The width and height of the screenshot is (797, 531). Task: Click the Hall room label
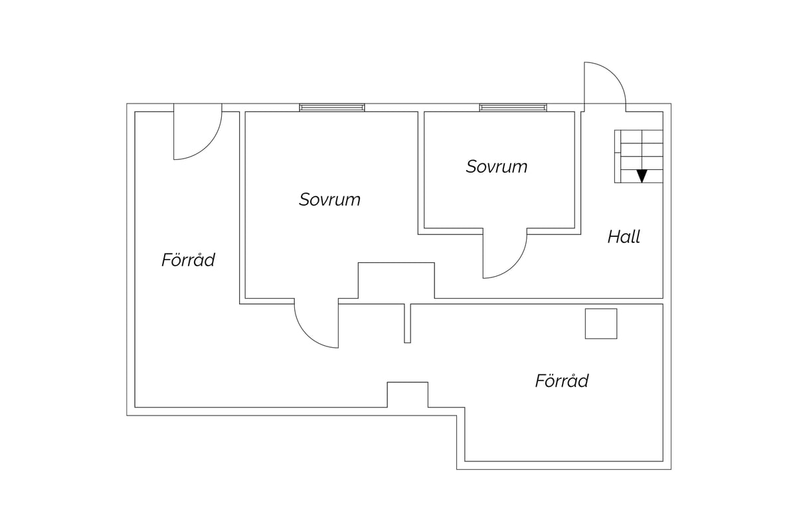pos(624,236)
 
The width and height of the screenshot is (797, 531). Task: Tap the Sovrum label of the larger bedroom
pos(329,199)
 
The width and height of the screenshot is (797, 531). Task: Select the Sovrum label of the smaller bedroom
pos(497,167)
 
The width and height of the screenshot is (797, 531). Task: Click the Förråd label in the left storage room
pos(188,260)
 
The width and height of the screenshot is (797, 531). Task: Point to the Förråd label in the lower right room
pos(562,380)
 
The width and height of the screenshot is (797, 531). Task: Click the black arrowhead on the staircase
pos(642,176)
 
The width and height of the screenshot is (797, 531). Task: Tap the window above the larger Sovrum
pos(332,108)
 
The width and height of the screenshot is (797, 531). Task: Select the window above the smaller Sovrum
pos(513,108)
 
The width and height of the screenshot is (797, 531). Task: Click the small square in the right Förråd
pos(601,324)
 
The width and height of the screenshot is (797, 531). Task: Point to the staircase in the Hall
pos(639,157)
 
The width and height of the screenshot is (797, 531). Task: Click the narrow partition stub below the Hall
pos(407,323)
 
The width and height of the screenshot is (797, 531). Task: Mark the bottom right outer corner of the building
pos(671,469)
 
